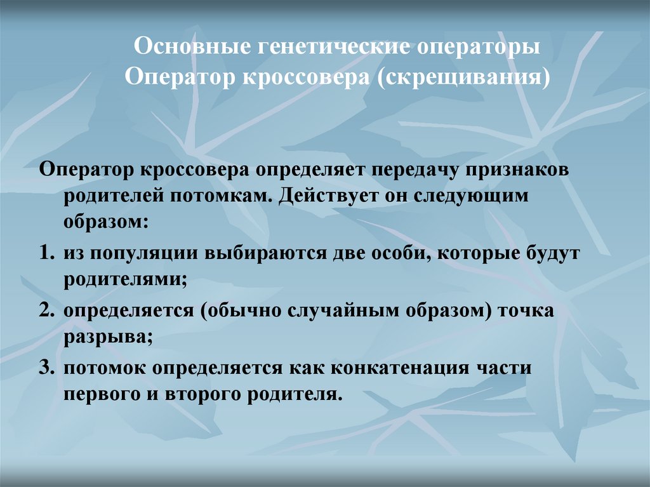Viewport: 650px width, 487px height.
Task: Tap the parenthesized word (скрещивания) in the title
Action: (464, 78)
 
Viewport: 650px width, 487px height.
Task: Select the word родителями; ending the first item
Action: (125, 279)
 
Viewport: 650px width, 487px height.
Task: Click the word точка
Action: (522, 312)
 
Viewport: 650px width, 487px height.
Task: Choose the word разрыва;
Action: (107, 337)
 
